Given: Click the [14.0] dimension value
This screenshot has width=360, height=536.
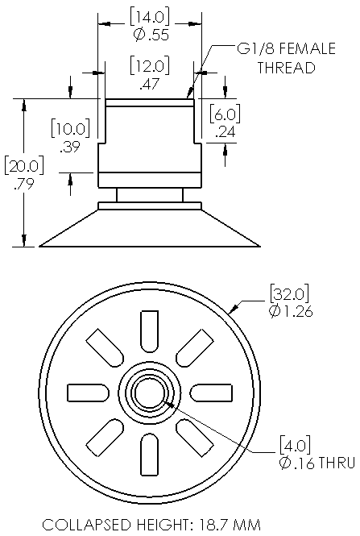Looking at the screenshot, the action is tap(150, 17).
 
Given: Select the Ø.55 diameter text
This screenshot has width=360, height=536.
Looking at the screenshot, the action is tap(151, 35).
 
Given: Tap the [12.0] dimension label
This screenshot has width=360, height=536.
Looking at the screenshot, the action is tap(150, 66).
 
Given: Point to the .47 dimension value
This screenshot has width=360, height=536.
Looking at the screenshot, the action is tap(150, 83).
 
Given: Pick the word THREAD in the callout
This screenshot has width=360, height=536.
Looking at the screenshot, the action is tap(286, 68).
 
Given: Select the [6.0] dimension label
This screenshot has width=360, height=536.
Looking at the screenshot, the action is tap(225, 114).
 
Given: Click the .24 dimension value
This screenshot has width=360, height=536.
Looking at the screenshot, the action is tap(226, 131).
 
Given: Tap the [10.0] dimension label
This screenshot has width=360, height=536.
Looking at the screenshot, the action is tap(70, 128).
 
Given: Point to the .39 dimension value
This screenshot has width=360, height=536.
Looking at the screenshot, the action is tap(70, 146).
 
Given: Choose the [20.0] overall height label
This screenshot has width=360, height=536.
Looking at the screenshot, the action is tap(24, 166).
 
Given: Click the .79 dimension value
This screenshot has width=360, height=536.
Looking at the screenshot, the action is tap(24, 184).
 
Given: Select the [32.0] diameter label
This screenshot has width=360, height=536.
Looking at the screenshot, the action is tap(290, 293).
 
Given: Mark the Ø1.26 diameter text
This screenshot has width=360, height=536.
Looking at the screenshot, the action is tap(291, 311).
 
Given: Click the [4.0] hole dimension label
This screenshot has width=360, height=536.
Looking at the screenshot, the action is tap(295, 445).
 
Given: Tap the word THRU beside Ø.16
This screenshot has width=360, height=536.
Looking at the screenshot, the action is tap(337, 463).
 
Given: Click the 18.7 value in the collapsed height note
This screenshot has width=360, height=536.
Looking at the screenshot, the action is tap(213, 525).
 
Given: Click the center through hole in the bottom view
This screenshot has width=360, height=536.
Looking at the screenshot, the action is tap(150, 393).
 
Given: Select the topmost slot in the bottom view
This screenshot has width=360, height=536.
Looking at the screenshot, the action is tap(150, 331).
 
